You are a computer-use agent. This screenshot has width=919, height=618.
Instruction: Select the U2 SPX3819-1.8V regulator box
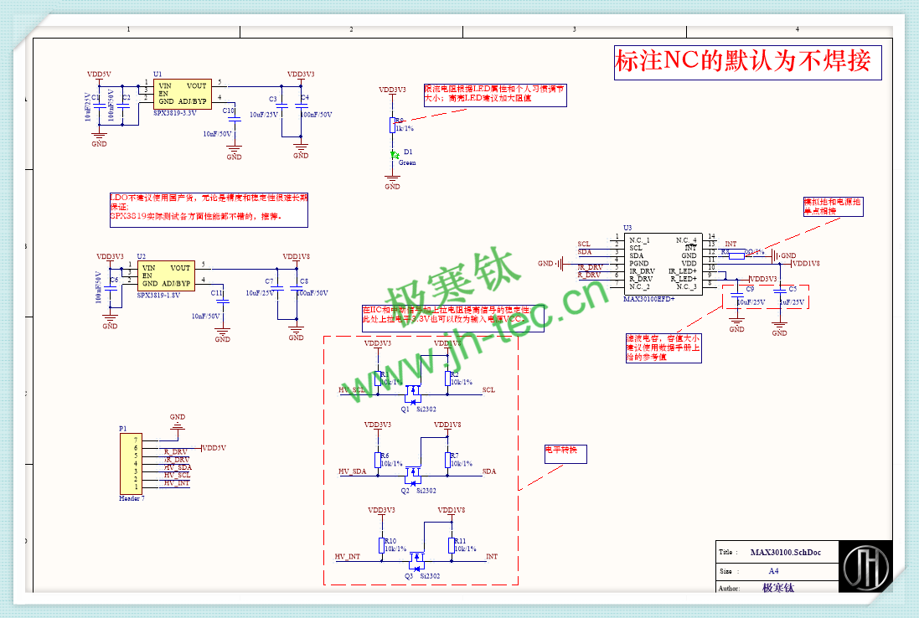tap(166, 275)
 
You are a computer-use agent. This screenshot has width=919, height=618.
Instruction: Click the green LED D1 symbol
tap(392, 154)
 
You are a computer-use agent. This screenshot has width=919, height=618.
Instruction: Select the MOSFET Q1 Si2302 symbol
tap(412, 391)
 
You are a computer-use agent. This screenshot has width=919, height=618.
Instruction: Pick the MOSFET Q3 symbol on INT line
tap(415, 558)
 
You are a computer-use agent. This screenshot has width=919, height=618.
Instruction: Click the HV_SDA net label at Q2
tap(353, 471)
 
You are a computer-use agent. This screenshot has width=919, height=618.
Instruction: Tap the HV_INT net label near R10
tap(348, 556)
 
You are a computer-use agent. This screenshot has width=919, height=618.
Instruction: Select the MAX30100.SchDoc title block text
tap(785, 553)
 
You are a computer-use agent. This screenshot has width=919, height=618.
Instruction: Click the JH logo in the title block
tap(866, 568)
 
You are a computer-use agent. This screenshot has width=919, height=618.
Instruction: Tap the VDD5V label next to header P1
tap(214, 448)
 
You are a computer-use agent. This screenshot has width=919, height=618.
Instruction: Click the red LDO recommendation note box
tap(209, 210)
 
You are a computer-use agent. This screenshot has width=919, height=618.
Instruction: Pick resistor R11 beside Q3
tap(452, 544)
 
